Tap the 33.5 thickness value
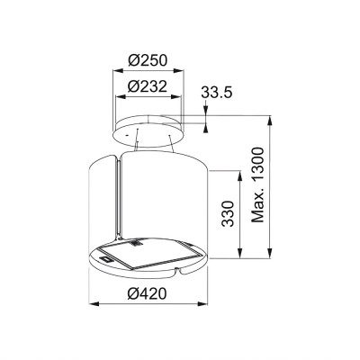(217, 92)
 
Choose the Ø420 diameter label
(149, 293)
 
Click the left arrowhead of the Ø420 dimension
(92, 304)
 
